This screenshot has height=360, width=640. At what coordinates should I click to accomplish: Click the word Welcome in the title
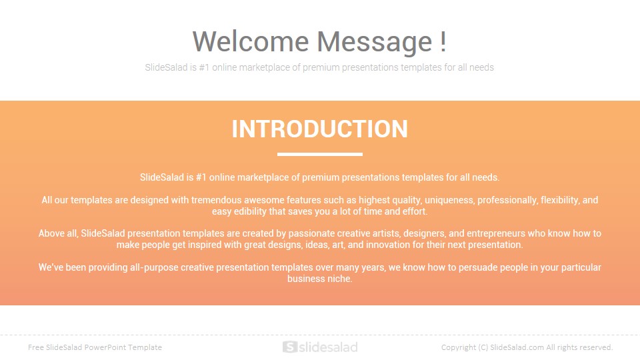pyautogui.click(x=251, y=41)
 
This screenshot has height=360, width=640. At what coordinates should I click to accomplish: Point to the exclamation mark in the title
pyautogui.click(x=443, y=41)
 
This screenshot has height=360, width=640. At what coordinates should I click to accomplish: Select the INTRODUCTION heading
pyautogui.click(x=319, y=129)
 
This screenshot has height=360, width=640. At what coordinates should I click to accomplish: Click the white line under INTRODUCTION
pyautogui.click(x=319, y=154)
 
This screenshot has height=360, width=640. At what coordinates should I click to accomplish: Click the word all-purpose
pyautogui.click(x=154, y=268)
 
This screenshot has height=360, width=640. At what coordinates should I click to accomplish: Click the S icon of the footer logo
pyautogui.click(x=290, y=347)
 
